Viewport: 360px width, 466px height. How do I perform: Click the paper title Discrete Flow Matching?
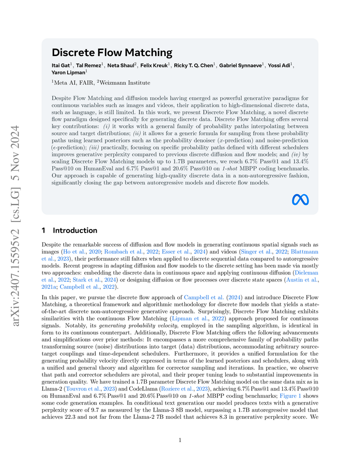[112, 53]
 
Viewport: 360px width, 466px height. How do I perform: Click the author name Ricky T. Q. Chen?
[193, 65]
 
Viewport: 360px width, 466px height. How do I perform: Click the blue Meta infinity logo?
[300, 200]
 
